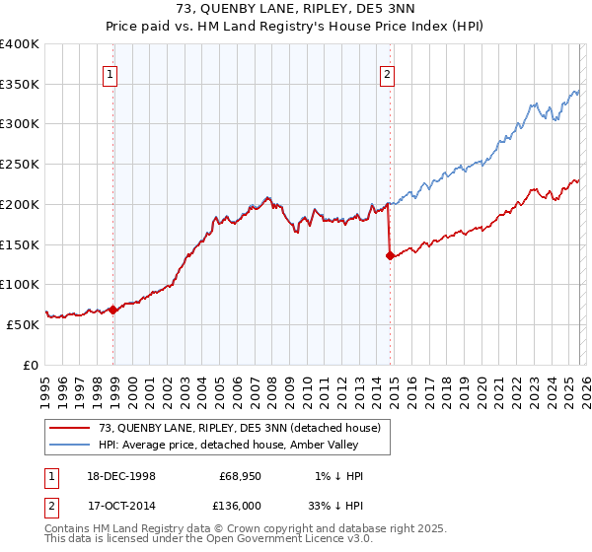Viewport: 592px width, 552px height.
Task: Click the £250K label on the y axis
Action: tap(20, 164)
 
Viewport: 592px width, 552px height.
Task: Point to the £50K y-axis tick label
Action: tap(23, 324)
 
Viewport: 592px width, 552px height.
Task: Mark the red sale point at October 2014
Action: tap(391, 256)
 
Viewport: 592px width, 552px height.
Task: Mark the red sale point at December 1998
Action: tap(113, 310)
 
